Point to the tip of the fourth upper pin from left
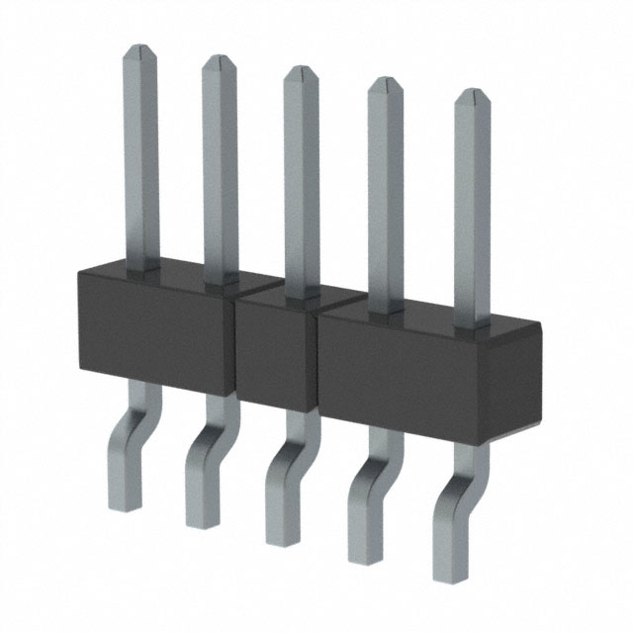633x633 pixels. [386, 84]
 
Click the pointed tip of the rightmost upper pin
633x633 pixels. [472, 97]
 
